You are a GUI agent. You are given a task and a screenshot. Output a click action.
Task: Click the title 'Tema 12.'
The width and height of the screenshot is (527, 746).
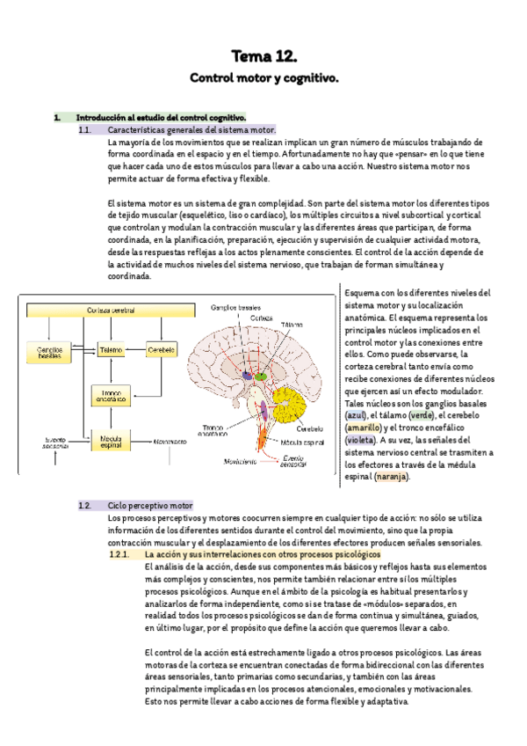click(x=263, y=57)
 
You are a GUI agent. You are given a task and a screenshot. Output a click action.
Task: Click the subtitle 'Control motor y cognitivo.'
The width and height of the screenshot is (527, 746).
click(x=263, y=79)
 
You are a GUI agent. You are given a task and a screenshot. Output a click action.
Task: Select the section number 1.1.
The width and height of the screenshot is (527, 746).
click(x=85, y=130)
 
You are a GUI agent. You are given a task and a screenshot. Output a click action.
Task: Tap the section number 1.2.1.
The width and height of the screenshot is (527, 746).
click(x=119, y=556)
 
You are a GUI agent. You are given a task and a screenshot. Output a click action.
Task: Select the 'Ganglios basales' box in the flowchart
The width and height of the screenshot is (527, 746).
click(x=49, y=351)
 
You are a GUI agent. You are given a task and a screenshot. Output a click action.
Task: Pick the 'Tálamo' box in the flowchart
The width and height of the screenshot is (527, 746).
click(x=111, y=349)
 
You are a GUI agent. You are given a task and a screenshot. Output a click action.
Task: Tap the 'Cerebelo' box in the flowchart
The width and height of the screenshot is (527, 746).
click(x=162, y=349)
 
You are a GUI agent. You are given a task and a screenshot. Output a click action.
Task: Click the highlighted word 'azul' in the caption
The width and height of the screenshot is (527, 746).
click(x=356, y=414)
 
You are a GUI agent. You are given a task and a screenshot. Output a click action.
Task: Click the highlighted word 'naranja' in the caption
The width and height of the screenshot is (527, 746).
click(x=392, y=476)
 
